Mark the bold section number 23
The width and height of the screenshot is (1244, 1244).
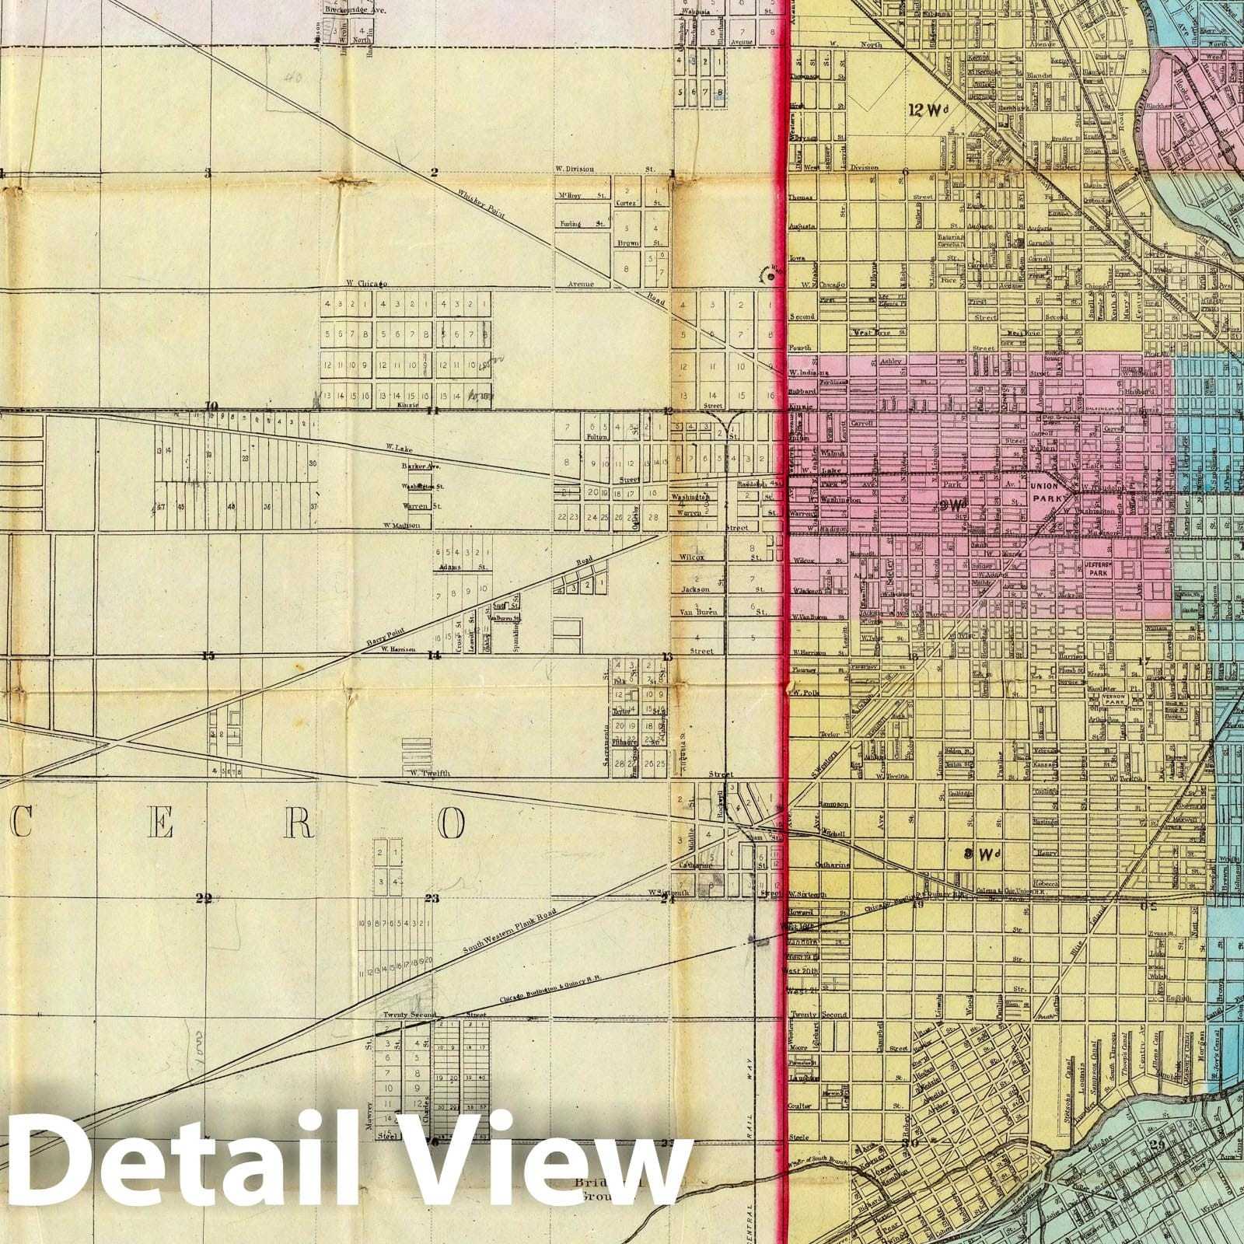tap(433, 899)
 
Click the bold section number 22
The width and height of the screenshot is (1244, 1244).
tap(204, 899)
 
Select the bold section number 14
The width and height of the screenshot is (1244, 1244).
tap(433, 655)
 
